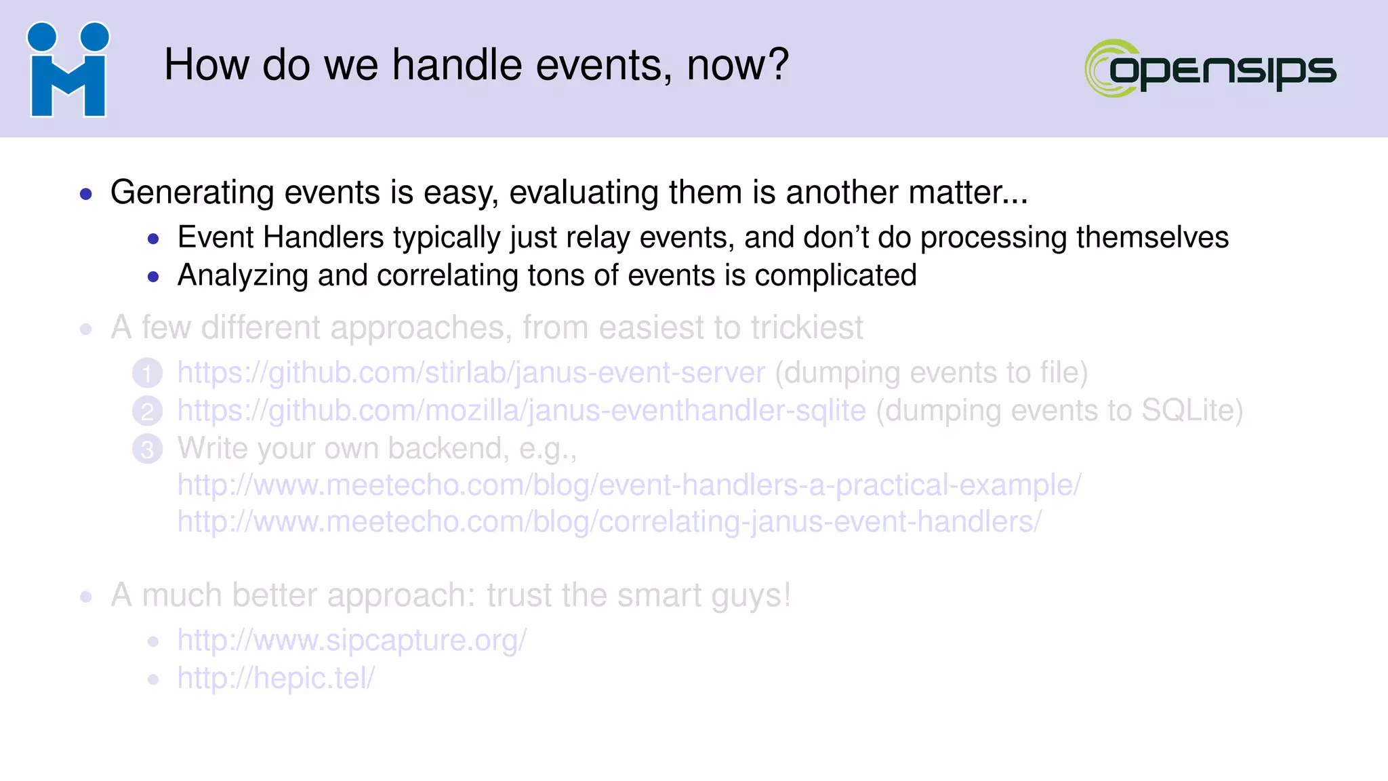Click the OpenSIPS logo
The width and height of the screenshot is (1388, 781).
(x=1210, y=68)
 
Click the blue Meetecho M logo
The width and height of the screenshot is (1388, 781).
(x=68, y=70)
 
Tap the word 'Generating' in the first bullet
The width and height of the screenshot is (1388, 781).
(x=193, y=193)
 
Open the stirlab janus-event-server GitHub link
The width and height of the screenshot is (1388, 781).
(x=471, y=373)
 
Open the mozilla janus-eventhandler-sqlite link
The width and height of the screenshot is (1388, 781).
(x=521, y=411)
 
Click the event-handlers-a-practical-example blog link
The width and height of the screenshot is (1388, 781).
(x=629, y=485)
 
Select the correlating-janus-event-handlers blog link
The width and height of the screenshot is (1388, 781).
(x=609, y=522)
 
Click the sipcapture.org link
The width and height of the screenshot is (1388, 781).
(x=352, y=640)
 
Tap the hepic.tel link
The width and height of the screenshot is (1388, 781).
(x=276, y=678)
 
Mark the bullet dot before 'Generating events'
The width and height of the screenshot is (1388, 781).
(x=86, y=195)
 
